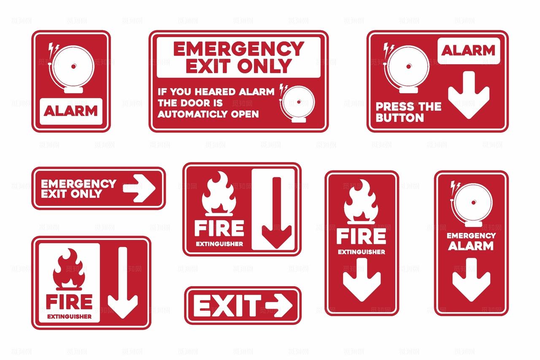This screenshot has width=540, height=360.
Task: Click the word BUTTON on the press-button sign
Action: click(400, 118)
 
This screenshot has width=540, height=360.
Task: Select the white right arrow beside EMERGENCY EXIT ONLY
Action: click(139, 188)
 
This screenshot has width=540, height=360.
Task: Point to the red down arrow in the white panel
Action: click(277, 213)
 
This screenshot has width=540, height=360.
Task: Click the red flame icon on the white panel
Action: click(69, 269)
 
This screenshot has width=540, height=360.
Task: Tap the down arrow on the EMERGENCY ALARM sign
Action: click(471, 280)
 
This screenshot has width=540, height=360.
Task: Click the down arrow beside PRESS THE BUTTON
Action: click(469, 95)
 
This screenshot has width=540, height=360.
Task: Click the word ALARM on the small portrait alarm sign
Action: click(70, 111)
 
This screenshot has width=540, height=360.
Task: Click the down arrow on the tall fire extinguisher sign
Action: click(362, 280)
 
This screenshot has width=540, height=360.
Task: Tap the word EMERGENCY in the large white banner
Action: click(239, 49)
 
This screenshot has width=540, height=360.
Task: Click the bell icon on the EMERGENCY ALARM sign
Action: click(471, 204)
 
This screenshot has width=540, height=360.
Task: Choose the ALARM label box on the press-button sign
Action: click(469, 51)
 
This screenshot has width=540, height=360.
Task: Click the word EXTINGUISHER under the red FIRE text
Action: click(70, 317)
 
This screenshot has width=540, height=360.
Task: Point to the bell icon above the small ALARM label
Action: click(71, 68)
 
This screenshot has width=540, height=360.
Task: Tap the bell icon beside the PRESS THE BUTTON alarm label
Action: click(406, 68)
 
